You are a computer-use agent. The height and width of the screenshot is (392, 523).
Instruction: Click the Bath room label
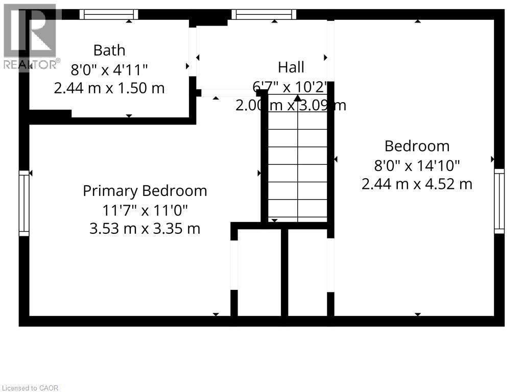coord(109,50)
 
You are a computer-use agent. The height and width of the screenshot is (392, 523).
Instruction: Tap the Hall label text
coord(291,67)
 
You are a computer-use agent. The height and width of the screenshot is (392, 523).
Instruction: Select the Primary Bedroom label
coord(145,191)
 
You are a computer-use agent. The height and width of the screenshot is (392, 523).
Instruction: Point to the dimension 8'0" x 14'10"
coord(417,165)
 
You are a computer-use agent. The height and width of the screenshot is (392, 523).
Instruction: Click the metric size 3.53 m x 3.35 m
coord(145,228)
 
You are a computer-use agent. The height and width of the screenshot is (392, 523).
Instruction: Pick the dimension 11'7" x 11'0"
coord(145,210)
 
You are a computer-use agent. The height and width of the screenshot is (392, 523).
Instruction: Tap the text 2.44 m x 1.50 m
coord(109,88)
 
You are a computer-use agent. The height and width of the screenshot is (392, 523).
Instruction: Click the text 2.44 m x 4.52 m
coord(417,184)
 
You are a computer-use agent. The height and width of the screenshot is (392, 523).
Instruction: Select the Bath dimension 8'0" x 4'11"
coord(109,69)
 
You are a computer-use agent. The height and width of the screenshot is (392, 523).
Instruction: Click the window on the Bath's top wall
coord(109,14)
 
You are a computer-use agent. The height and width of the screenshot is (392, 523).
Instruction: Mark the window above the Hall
coord(264,14)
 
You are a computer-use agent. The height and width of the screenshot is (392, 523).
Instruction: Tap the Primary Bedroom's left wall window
coord(24,203)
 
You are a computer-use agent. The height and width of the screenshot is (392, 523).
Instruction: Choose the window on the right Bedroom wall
coord(499,201)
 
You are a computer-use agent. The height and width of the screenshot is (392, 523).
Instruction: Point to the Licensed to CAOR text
coord(30,388)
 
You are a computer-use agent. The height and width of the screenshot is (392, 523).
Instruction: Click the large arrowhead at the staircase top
coord(298,97)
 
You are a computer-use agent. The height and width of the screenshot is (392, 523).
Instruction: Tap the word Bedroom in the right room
coord(417,146)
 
